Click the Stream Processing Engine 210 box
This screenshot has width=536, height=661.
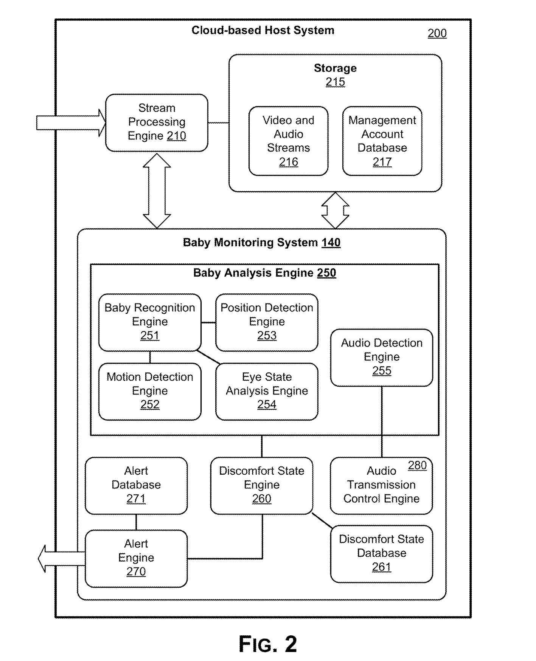pos(157,122)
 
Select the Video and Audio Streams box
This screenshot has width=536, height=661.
pos(288,141)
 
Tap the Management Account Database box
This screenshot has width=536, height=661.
pos(382,141)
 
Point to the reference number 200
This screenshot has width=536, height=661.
pos(437,33)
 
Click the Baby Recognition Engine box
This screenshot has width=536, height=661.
pos(150,322)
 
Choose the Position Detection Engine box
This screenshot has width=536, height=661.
pos(267,322)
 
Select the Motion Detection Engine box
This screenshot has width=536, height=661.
pos(150,391)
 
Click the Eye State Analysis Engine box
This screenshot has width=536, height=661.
pos(267,391)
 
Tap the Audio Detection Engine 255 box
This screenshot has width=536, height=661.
pos(381,357)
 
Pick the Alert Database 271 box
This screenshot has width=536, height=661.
pos(136,485)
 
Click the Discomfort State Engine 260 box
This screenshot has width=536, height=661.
pos(261,485)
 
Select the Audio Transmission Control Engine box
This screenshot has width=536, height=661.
pos(381,485)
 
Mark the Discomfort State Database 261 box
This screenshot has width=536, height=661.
pos(381,553)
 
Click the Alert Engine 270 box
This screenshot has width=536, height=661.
pos(136,558)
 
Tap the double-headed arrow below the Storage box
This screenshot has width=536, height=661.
pos(335,211)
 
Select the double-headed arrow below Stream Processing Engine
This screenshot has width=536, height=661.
pos(157,190)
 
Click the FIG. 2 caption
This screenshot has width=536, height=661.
pos(268,644)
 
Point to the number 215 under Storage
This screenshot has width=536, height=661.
pos(335,82)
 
